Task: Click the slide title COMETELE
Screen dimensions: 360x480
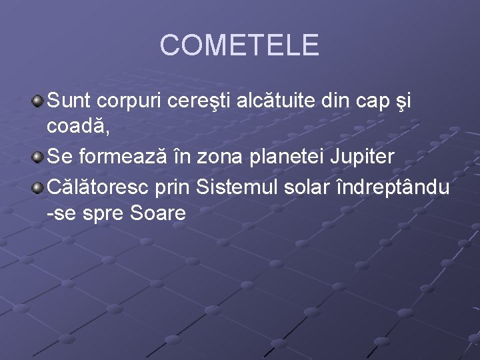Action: click(x=240, y=45)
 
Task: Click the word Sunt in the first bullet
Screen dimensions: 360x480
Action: click(x=70, y=101)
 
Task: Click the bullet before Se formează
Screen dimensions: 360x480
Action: click(x=38, y=158)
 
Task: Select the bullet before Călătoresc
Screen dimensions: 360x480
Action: click(x=38, y=188)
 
